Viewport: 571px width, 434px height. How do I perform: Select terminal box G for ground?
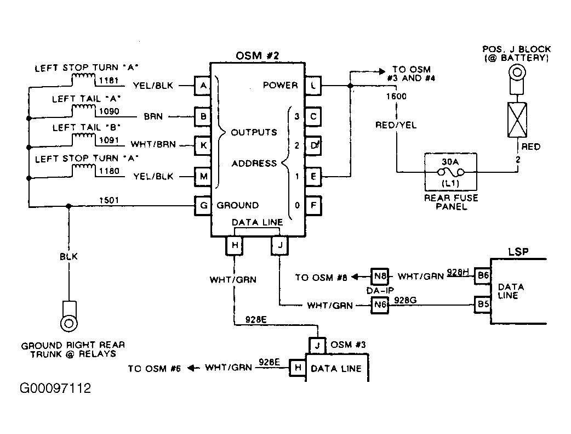[203, 205]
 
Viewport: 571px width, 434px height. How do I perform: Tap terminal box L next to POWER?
[313, 86]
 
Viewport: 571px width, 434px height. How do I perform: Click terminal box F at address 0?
[313, 205]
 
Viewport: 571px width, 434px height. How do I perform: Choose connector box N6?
[380, 305]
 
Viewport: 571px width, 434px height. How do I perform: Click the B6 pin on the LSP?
[483, 276]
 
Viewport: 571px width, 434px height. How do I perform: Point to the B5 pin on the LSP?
[483, 304]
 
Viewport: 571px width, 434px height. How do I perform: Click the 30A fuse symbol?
[451, 172]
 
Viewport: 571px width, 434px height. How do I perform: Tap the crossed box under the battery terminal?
[517, 120]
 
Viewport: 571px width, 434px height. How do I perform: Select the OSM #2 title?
[257, 56]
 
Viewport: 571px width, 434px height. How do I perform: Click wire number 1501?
[109, 200]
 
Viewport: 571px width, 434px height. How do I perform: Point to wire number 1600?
[396, 96]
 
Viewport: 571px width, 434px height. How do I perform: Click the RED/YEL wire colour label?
[396, 125]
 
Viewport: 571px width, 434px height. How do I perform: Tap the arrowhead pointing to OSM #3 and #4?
[382, 71]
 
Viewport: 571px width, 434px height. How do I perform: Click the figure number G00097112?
[55, 388]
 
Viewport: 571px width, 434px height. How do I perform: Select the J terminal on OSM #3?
[317, 345]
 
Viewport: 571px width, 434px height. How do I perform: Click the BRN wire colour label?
[153, 117]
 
